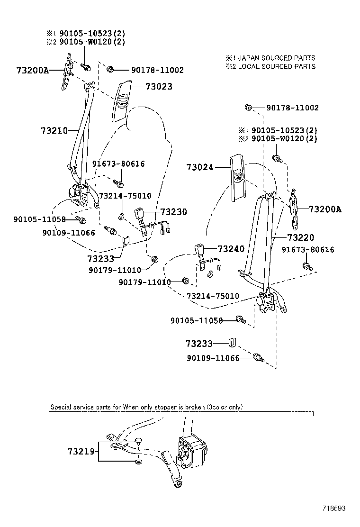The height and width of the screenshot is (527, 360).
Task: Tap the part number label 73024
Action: (200, 167)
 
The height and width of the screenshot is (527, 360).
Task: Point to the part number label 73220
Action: (300, 237)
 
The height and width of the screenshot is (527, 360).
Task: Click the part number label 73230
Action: (174, 212)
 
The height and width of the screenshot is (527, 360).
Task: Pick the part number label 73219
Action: (81, 452)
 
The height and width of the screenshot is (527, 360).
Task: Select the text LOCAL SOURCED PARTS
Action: (277, 66)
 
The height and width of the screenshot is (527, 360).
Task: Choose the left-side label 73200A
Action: (33, 71)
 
